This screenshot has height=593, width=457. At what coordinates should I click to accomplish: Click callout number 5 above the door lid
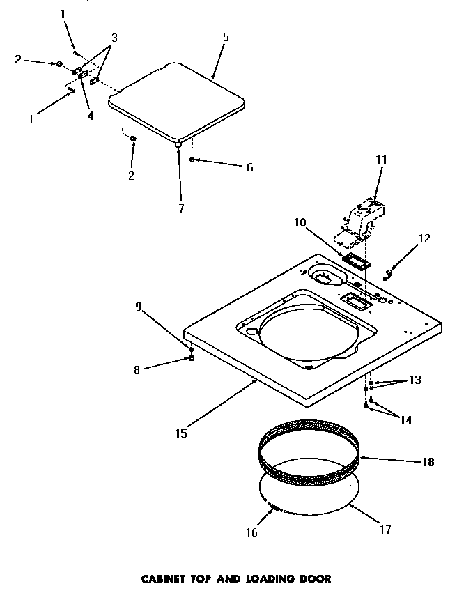tap(225, 37)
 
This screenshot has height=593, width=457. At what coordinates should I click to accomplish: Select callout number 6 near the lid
tap(230, 167)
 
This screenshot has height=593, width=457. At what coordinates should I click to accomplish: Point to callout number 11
tap(380, 160)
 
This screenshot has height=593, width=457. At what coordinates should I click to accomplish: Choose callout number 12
tap(424, 238)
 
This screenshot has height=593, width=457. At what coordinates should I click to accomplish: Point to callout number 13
tap(415, 380)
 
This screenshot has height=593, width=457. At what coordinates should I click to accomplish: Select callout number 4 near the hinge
tap(90, 116)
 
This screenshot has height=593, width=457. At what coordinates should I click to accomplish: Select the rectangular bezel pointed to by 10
tap(357, 262)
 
